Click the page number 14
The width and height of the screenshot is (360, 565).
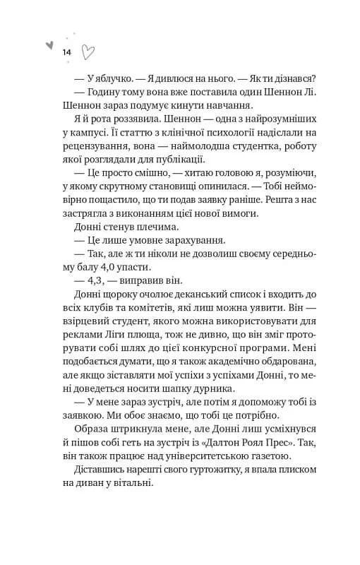click(66, 53)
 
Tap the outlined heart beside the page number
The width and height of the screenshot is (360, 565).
click(89, 52)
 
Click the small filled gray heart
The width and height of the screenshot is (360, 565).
click(49, 44)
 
